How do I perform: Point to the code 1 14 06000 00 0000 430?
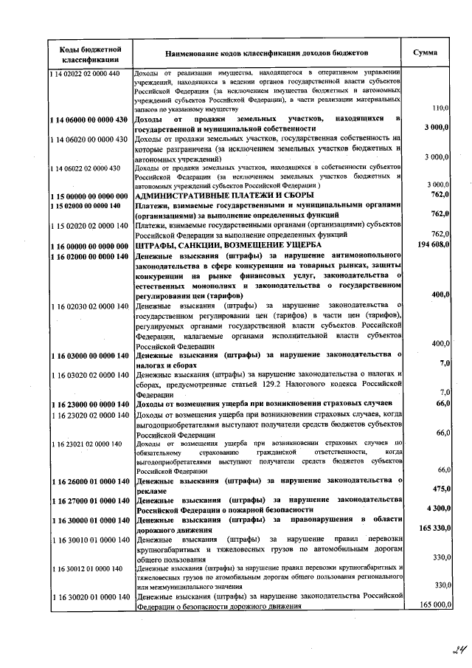pos(89,120)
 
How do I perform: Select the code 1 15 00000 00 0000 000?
pos(89,195)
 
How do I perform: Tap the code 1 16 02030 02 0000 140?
pos(89,306)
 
